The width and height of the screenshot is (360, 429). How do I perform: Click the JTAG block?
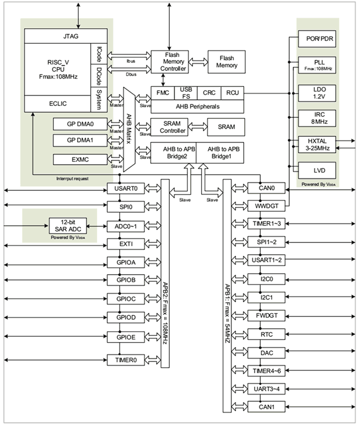pyautogui.click(x=66, y=36)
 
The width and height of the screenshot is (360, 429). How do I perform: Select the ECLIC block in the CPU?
pyautogui.click(x=58, y=104)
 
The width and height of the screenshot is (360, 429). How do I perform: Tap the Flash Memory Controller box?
pyautogui.click(x=170, y=62)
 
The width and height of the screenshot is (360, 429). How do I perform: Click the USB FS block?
pyautogui.click(x=186, y=93)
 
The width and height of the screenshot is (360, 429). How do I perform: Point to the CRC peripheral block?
pyautogui.click(x=209, y=93)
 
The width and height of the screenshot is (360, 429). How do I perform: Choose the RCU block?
pyautogui.click(x=232, y=93)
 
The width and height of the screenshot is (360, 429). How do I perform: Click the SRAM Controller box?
pyautogui.click(x=170, y=127)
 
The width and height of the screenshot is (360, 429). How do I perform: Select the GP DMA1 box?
pyautogui.click(x=80, y=140)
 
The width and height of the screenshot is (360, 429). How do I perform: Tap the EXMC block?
pyautogui.click(x=80, y=159)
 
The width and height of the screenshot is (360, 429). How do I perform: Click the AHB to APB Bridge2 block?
pyautogui.click(x=173, y=153)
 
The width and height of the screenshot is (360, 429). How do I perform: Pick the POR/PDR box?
pyautogui.click(x=317, y=39)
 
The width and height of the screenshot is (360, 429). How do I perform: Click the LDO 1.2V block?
pyautogui.click(x=317, y=93)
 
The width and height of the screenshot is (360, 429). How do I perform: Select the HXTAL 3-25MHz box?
pyautogui.click(x=317, y=145)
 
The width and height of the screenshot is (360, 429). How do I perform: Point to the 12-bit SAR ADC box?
pyautogui.click(x=68, y=226)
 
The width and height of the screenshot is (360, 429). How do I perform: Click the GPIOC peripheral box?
pyautogui.click(x=126, y=299)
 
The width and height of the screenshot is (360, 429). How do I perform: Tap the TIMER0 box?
pyautogui.click(x=126, y=360)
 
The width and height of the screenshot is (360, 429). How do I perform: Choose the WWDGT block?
pyautogui.click(x=266, y=206)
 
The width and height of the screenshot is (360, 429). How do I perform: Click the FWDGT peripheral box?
pyautogui.click(x=266, y=315)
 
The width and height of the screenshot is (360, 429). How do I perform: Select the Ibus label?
pyautogui.click(x=131, y=61)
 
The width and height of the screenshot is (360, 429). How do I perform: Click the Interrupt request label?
pyautogui.click(x=72, y=178)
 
